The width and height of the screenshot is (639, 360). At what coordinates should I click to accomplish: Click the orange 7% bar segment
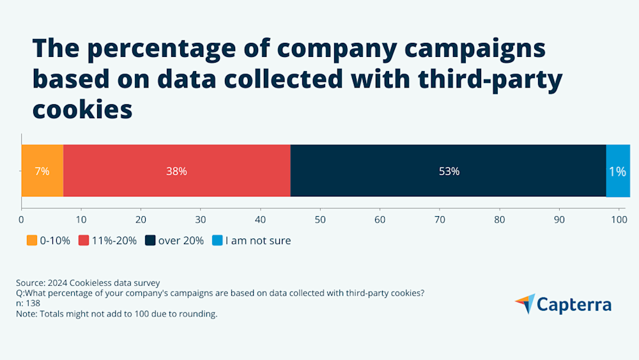[x=42, y=171]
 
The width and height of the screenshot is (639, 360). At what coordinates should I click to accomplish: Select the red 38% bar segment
[x=176, y=171]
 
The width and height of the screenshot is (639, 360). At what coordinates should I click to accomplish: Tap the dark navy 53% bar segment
[x=448, y=171]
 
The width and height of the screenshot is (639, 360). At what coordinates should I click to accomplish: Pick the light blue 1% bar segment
[x=617, y=171]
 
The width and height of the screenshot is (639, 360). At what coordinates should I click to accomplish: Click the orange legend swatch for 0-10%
[x=31, y=240]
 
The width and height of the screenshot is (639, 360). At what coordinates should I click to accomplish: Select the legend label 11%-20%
[x=114, y=240]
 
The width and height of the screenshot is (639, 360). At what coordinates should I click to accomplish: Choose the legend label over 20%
[x=181, y=240]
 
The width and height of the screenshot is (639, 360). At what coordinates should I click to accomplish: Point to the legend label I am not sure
[x=258, y=240]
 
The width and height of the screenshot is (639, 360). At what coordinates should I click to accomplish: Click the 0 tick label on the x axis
[x=22, y=220]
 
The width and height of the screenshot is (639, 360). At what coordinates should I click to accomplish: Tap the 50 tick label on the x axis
[x=320, y=220]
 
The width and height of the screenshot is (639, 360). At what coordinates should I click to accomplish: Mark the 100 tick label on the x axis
[x=619, y=220]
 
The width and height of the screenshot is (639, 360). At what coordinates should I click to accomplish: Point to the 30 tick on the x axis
[x=201, y=220]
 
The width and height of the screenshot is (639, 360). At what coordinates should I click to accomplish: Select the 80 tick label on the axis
[x=500, y=220]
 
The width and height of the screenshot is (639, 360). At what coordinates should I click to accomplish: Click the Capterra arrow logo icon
[x=525, y=304]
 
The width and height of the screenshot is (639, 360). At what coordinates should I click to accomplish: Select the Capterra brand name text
[x=574, y=305]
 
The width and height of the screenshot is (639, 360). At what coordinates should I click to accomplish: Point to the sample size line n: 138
[x=29, y=303]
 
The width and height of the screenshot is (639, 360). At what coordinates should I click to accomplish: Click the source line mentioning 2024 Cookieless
[x=88, y=282]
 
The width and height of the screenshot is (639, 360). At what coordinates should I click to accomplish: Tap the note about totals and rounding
[x=117, y=313]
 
